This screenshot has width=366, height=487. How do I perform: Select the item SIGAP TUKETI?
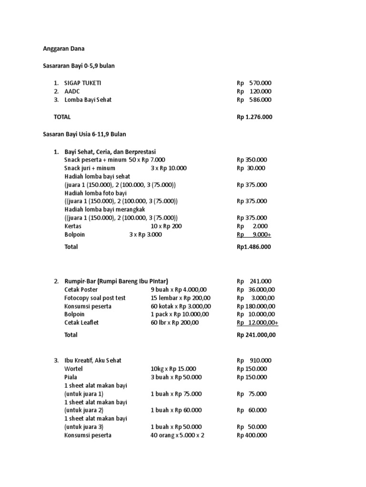pyautogui.click(x=83, y=83)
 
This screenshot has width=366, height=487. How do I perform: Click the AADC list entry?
pyautogui.click(x=72, y=91)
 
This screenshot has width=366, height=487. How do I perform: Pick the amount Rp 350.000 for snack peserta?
pyautogui.click(x=252, y=160)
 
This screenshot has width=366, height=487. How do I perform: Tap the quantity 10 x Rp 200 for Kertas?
pyautogui.click(x=166, y=226)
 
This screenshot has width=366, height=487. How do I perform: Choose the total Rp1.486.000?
pyautogui.click(x=254, y=247)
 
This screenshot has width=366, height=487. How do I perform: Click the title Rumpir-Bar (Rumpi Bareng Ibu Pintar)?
pyautogui.click(x=116, y=281)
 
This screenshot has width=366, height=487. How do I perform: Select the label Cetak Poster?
pyautogui.click(x=81, y=289)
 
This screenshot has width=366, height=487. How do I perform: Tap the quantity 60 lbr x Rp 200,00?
pyautogui.click(x=174, y=322)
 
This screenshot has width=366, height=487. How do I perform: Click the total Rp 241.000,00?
pyautogui.click(x=256, y=335)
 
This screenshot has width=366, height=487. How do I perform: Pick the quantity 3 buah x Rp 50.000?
pyautogui.click(x=176, y=377)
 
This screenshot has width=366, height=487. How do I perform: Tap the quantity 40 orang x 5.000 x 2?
pyautogui.click(x=177, y=435)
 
